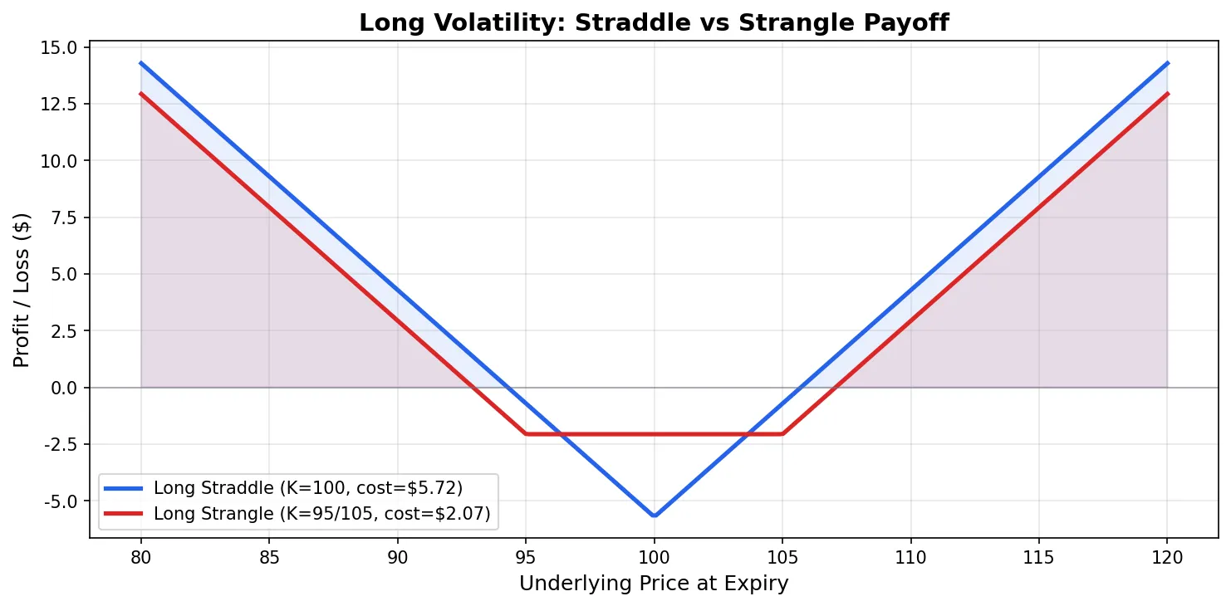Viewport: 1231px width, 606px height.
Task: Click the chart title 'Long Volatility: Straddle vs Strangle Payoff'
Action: point(654,23)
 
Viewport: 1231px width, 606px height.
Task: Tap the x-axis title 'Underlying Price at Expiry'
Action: point(654,584)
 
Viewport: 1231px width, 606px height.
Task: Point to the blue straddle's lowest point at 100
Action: point(655,516)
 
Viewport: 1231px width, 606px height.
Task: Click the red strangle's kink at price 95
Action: point(526,433)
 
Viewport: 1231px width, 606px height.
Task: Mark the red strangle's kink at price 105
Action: point(782,433)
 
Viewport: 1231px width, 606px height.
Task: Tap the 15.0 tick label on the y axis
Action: point(60,47)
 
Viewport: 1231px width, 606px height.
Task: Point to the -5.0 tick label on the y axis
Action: point(60,501)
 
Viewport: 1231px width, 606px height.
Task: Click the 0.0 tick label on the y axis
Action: point(63,388)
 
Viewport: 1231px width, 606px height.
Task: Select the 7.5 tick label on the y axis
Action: point(63,217)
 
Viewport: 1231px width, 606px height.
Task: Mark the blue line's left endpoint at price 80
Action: point(141,63)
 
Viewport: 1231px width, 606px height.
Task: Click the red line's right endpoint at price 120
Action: point(1167,94)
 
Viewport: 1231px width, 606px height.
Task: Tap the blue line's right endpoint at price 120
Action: point(1167,63)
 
